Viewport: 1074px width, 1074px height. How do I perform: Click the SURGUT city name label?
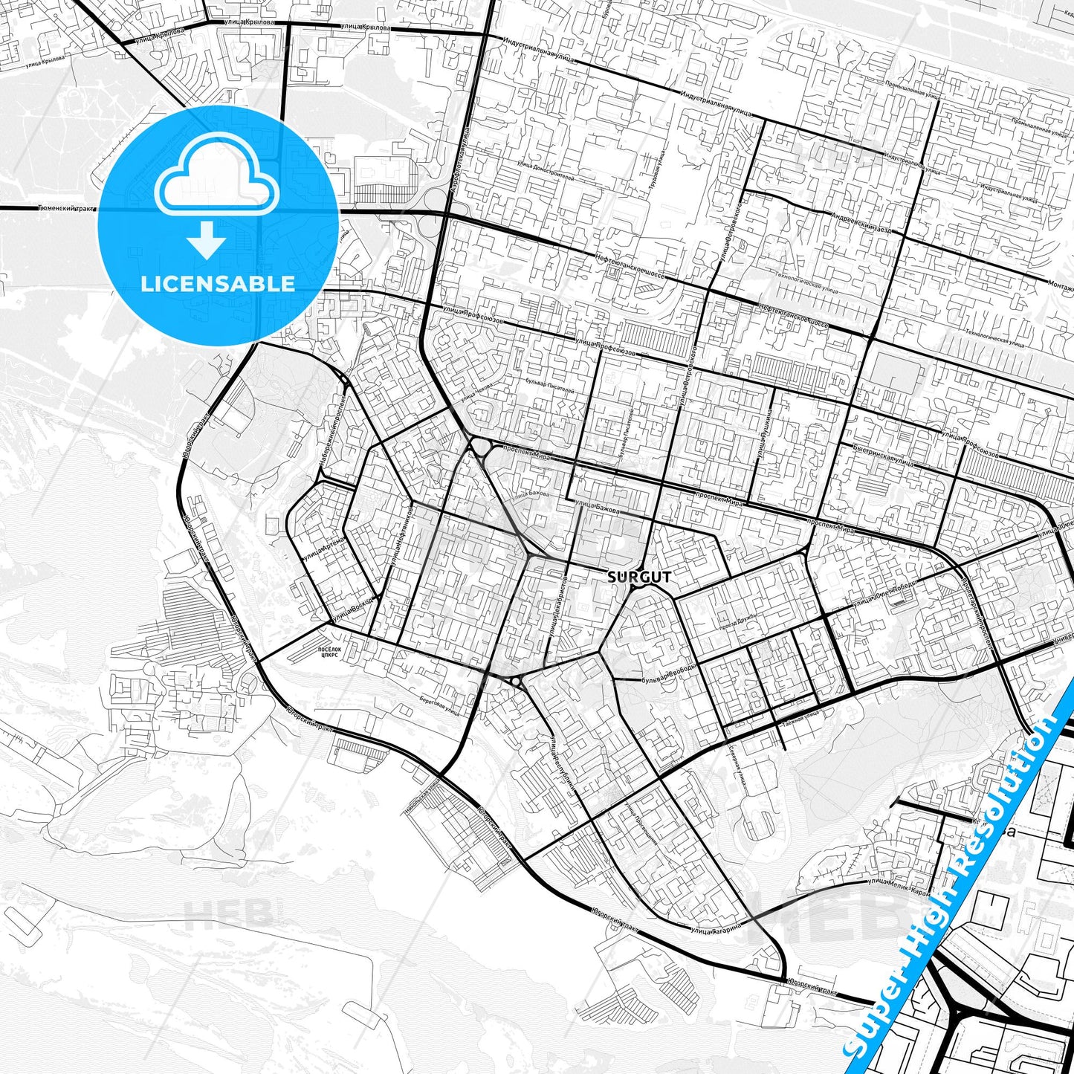[639, 577]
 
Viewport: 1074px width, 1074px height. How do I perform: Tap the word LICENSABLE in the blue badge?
[218, 284]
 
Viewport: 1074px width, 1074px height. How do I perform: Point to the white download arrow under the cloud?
[207, 241]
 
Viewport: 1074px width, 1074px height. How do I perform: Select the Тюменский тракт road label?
[66, 209]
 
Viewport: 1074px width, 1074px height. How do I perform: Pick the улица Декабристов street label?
[557, 606]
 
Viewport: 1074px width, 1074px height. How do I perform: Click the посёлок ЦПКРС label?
[329, 653]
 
